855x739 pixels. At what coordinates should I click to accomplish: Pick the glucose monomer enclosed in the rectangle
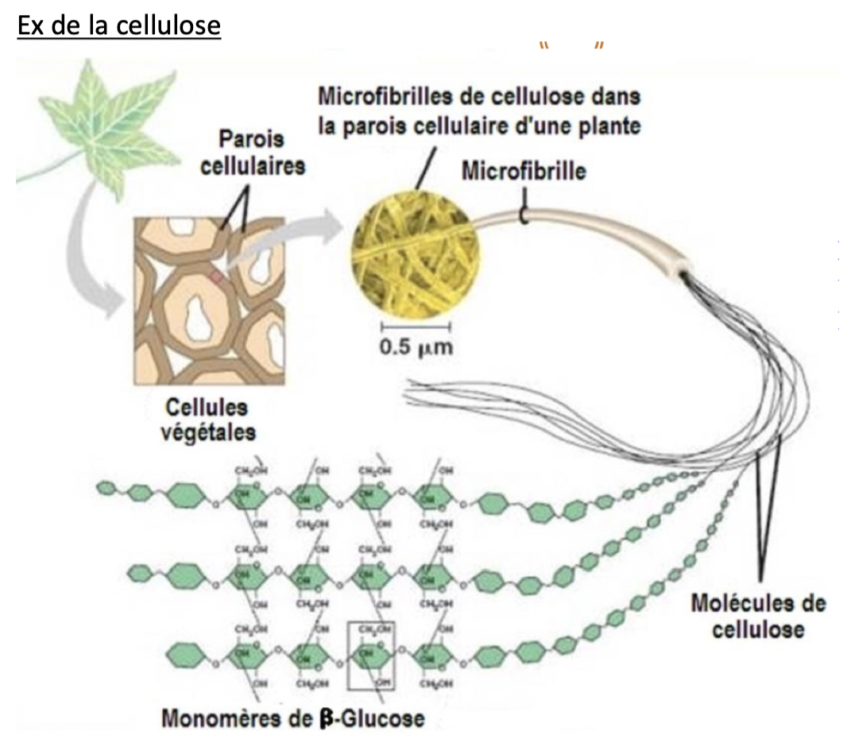coord(371,656)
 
